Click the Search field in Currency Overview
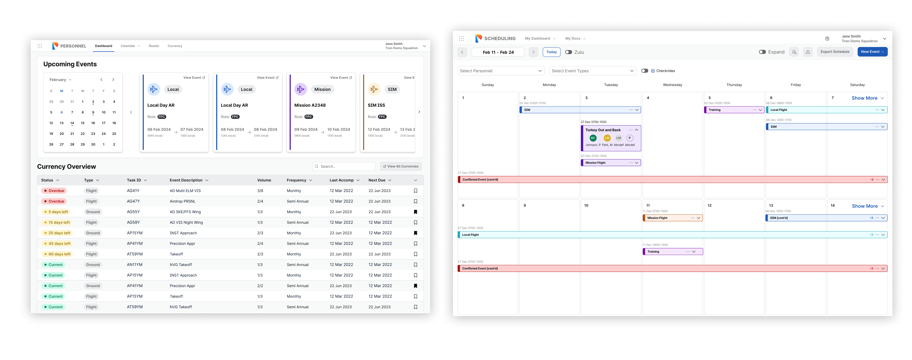click(x=344, y=166)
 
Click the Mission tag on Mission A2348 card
click(x=322, y=90)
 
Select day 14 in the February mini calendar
click(x=72, y=123)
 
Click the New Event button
click(x=872, y=52)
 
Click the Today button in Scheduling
click(x=551, y=52)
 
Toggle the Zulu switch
click(x=568, y=52)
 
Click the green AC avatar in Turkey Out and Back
click(x=593, y=138)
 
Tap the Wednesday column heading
click(x=672, y=85)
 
